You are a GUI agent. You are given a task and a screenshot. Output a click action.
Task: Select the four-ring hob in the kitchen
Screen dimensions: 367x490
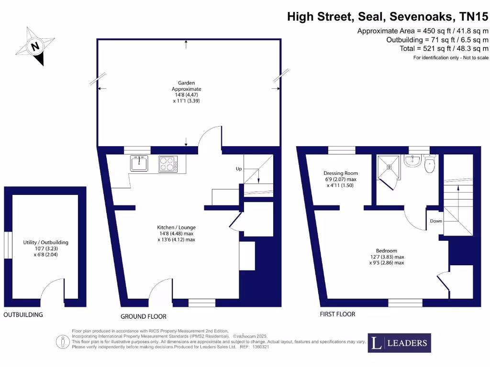pyautogui.click(x=168, y=164)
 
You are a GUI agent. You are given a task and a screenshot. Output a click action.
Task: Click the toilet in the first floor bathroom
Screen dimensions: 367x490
pyautogui.click(x=429, y=165)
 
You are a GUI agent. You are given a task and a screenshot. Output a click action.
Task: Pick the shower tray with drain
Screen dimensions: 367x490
pyautogui.click(x=389, y=167)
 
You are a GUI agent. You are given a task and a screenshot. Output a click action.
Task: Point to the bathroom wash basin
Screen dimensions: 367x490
pyautogui.click(x=412, y=161)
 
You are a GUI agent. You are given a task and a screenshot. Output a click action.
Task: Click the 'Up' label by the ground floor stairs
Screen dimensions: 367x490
pyautogui.click(x=238, y=169)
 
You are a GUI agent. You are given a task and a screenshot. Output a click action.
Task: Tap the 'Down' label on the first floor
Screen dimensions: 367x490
pyautogui.click(x=436, y=221)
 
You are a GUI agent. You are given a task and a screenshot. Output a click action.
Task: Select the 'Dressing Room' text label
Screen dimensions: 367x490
pyautogui.click(x=341, y=173)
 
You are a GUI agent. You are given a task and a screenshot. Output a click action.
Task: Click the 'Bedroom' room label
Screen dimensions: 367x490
pyautogui.click(x=386, y=251)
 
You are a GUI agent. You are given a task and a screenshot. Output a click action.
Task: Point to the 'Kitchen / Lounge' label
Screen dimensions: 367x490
pyautogui.click(x=177, y=227)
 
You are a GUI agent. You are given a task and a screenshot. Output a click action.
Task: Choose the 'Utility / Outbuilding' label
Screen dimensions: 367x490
pyautogui.click(x=46, y=242)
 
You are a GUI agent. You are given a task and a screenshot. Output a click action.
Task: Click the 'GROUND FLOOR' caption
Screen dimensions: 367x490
pyautogui.click(x=144, y=316)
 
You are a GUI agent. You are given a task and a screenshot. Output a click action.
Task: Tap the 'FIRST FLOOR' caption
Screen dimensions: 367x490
pyautogui.click(x=337, y=314)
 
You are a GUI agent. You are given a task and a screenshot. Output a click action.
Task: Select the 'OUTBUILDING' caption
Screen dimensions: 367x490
pyautogui.click(x=23, y=315)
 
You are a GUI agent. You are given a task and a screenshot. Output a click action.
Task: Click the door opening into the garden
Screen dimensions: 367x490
pyautogui.click(x=210, y=135)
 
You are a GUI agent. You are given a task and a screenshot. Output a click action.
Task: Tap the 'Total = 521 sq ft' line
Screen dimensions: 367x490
pyautogui.click(x=444, y=48)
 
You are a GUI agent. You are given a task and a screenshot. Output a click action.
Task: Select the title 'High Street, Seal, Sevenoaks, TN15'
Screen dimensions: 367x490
pyautogui.click(x=388, y=17)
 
